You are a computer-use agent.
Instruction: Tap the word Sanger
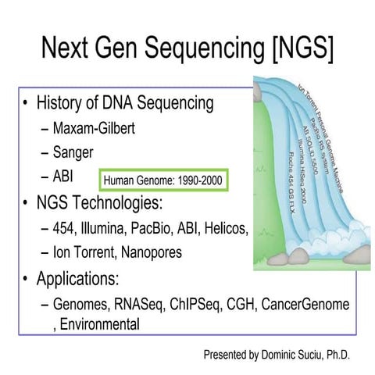click(x=74, y=152)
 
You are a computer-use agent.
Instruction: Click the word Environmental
click(x=97, y=323)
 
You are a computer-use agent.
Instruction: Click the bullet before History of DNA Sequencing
click(x=28, y=103)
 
